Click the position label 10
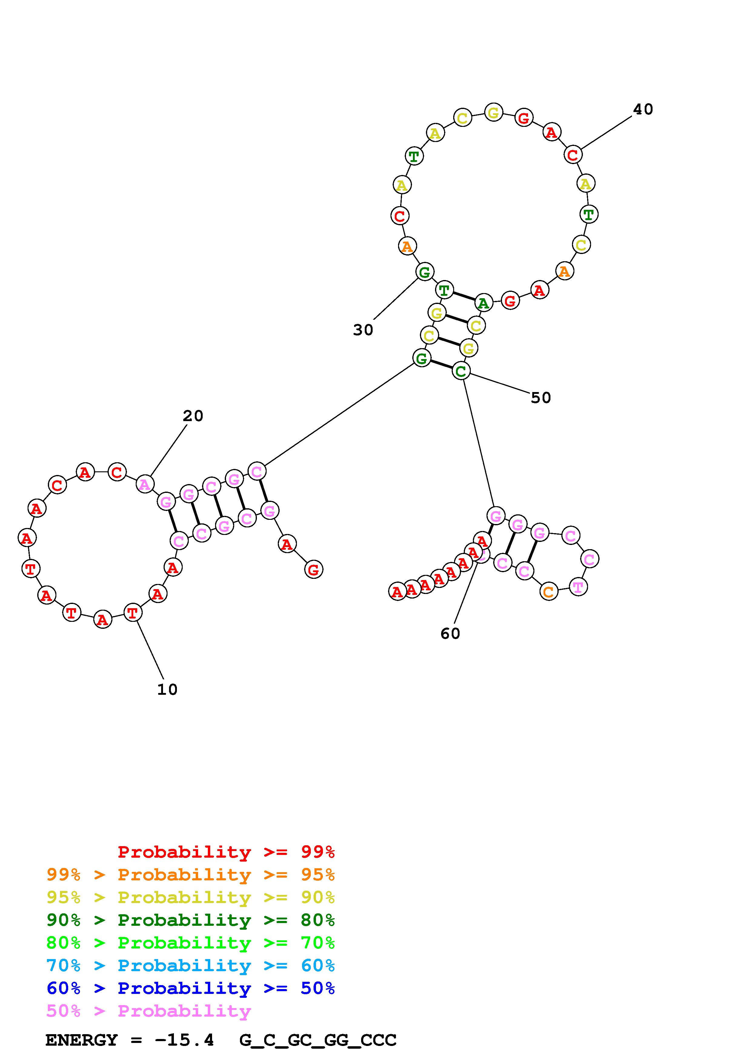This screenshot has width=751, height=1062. click(167, 690)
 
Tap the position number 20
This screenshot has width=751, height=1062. click(193, 416)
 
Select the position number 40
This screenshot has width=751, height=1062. click(643, 109)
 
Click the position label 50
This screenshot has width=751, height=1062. click(540, 398)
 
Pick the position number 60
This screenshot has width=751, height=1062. click(450, 633)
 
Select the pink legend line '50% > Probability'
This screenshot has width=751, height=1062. click(148, 1011)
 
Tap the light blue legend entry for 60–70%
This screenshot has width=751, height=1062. click(190, 965)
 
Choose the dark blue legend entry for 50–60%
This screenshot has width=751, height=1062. click(190, 988)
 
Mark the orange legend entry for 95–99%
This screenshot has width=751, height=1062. click(190, 875)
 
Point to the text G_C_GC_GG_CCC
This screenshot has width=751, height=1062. click(318, 1040)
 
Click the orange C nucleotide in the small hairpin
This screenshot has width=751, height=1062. click(548, 592)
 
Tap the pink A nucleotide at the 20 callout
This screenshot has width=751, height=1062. click(145, 484)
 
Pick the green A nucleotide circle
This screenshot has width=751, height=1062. click(483, 303)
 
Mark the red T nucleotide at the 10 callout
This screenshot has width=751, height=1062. click(132, 613)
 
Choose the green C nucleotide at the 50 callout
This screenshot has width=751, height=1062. click(461, 371)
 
